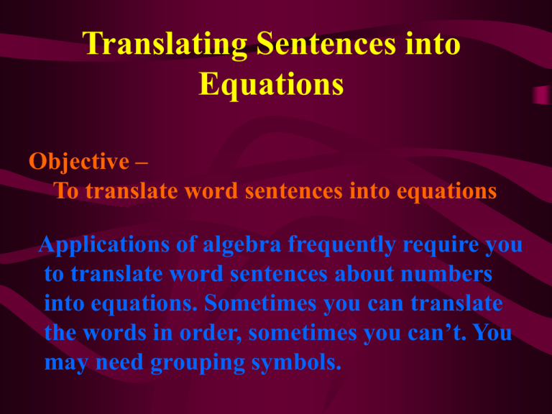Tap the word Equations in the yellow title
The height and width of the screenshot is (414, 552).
coord(270,86)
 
